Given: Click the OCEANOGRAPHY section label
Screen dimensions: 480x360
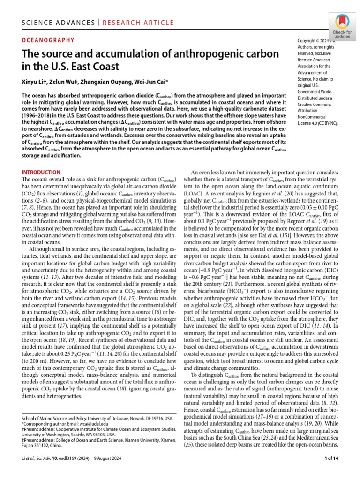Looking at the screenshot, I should tap(48, 40).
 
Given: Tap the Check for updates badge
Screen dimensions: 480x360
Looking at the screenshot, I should tap(343, 25).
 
